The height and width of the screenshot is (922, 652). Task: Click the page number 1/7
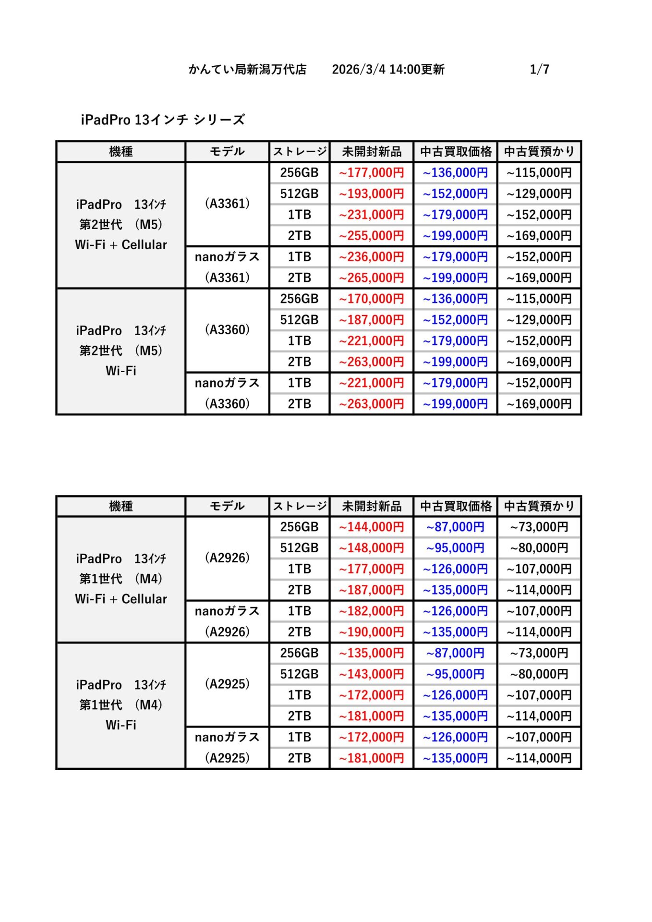coord(539,70)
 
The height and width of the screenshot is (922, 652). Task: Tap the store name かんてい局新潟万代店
coord(247,70)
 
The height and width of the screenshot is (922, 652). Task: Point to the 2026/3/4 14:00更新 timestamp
coord(388,70)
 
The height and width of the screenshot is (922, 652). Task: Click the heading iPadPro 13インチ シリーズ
coord(163,120)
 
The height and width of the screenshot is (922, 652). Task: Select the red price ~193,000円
coord(371,194)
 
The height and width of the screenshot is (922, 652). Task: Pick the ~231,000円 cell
coord(371,215)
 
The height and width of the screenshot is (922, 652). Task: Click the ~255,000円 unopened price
coord(371,236)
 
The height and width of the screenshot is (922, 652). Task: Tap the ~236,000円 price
coord(371,257)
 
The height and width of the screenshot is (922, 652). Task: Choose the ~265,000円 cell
coord(371,278)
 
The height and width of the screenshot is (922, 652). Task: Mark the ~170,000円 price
coord(371,299)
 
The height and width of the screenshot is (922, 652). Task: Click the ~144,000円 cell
coord(371,527)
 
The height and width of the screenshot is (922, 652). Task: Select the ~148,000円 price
coord(371,548)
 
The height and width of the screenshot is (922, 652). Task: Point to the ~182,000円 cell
coord(371,611)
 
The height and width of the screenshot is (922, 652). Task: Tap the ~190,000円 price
coord(371,632)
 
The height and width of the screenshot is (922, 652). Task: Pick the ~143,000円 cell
coord(371,674)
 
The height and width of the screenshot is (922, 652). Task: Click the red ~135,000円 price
coord(371,654)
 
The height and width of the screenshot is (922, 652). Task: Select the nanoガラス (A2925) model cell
coord(227,748)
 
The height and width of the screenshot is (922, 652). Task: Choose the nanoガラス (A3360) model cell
coord(227,393)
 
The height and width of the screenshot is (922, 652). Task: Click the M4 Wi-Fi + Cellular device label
coord(121,579)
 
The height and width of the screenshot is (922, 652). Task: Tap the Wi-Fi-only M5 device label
coord(121,351)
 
